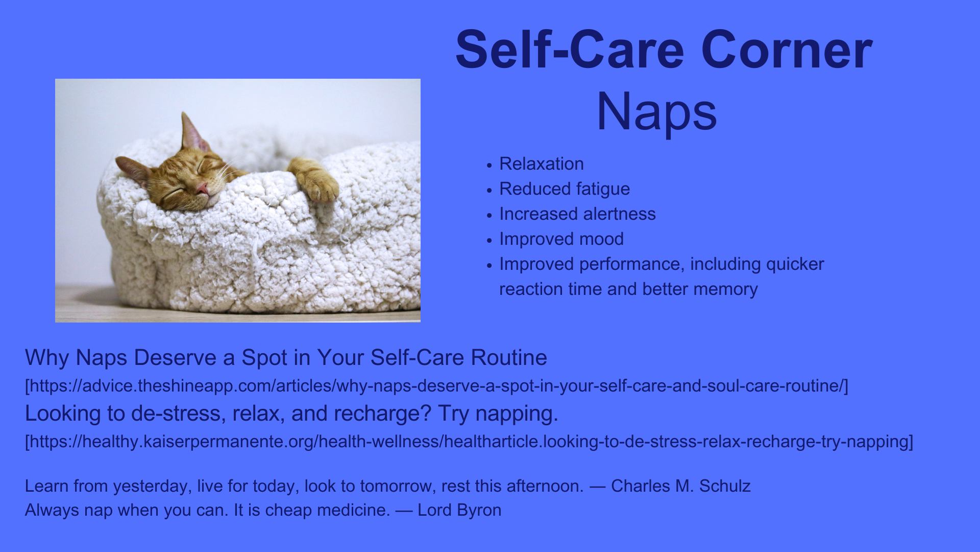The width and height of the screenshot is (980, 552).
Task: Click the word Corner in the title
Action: point(787,50)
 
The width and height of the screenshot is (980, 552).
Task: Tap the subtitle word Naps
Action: point(657,112)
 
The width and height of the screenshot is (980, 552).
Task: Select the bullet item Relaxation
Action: point(542,164)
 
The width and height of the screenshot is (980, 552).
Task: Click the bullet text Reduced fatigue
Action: point(565,189)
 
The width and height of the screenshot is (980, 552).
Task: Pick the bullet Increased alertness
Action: point(577,214)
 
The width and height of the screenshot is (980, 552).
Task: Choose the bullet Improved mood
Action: point(561,239)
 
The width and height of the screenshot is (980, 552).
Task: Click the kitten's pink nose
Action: point(202,189)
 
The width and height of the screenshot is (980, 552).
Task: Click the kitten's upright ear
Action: point(191,131)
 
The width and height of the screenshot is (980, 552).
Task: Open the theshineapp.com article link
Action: point(436,386)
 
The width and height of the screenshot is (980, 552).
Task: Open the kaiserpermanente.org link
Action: point(469,442)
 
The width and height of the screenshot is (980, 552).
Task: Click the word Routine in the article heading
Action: point(508,357)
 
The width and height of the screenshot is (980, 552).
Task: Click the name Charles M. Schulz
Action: point(681,486)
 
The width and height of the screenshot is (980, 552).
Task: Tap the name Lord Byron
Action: point(459,510)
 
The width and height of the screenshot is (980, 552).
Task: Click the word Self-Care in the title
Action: point(570,50)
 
